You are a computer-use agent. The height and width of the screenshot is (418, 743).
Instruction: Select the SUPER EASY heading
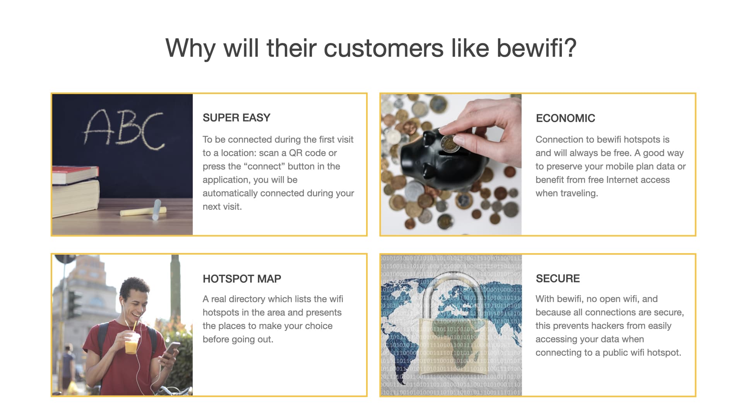coord(236,118)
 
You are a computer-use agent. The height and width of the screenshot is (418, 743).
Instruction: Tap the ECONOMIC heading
coord(565,118)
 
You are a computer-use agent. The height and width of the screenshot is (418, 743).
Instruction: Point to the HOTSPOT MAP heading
coord(242,279)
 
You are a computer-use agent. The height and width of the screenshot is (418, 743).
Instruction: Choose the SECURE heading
coord(558,278)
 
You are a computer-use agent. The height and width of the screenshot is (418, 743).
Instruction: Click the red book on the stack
coord(75,175)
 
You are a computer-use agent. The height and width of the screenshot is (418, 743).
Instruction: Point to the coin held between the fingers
coord(450,143)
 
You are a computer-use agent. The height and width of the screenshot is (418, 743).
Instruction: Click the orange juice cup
coord(132,342)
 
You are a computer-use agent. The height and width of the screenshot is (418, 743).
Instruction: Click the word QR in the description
coord(296,153)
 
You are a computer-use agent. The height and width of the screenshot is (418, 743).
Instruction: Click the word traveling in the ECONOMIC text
coord(577,193)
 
